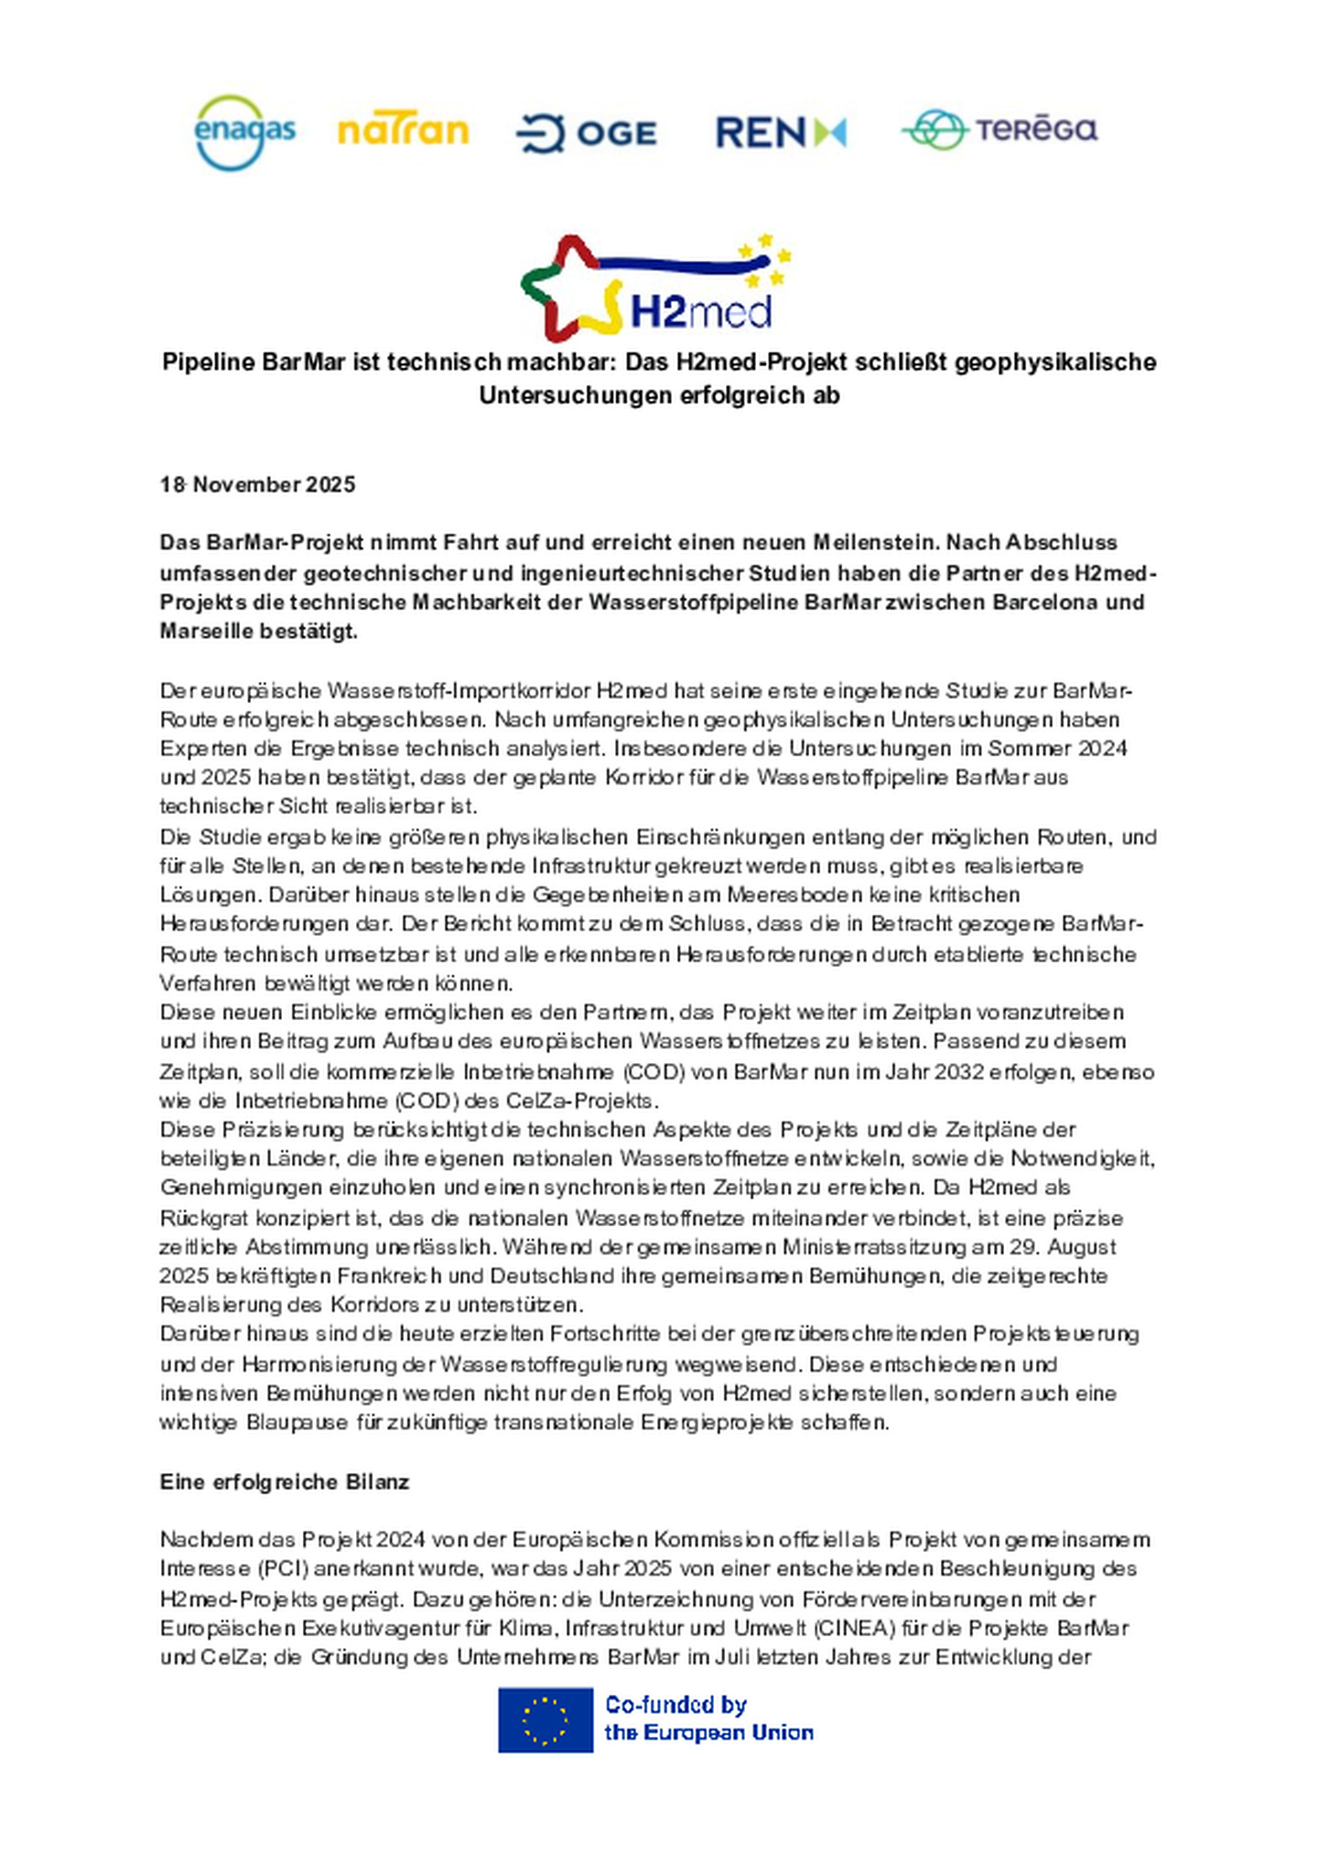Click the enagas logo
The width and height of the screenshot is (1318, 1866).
tap(244, 133)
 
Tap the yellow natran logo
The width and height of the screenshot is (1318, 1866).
tap(403, 131)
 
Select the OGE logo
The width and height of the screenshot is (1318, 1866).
tap(587, 134)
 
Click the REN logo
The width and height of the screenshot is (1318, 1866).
tap(780, 133)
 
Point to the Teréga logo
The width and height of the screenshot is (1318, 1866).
tap(999, 129)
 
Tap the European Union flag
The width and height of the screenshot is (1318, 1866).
tap(545, 1720)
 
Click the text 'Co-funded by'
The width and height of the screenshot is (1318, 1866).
tap(675, 1705)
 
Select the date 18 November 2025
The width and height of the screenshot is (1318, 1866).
tap(257, 484)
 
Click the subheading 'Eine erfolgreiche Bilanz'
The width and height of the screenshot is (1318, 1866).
tap(284, 1481)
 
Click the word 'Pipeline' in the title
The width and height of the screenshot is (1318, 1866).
tap(209, 362)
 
